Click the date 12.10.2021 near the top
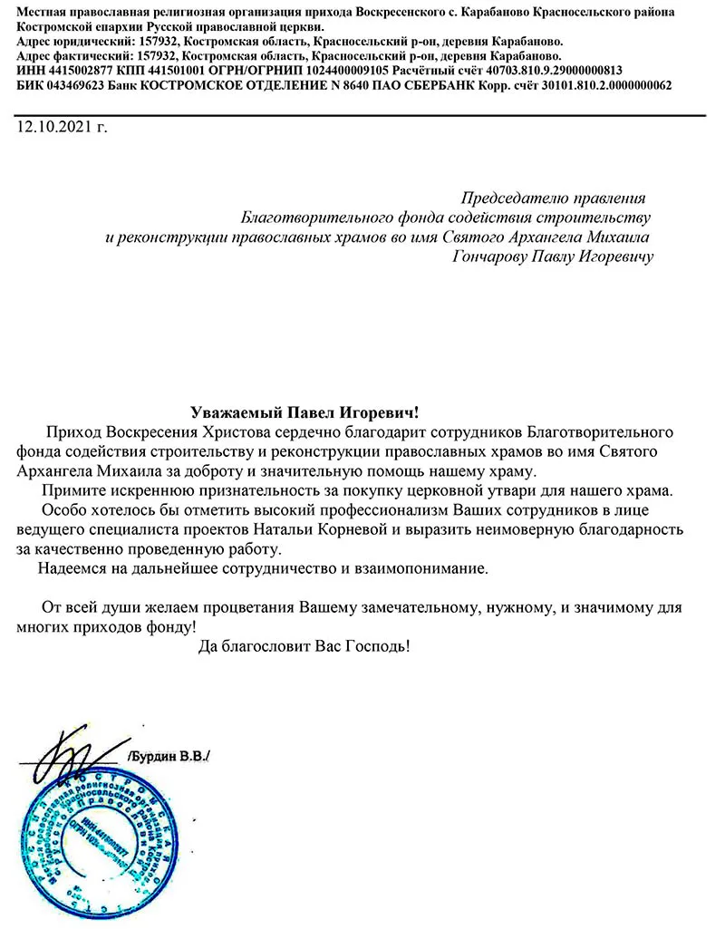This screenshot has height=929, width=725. [x=62, y=127]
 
